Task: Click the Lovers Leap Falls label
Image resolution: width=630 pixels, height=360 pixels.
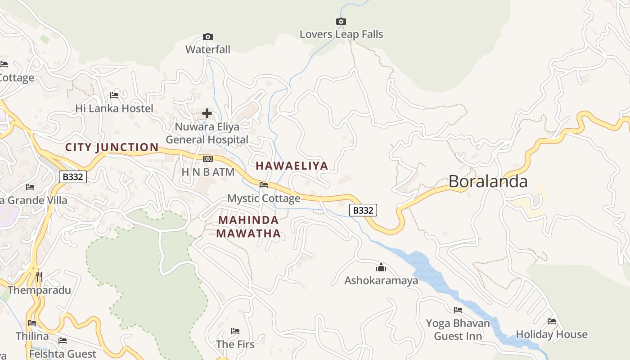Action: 341,34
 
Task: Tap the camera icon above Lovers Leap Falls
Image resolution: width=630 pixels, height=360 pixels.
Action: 341,21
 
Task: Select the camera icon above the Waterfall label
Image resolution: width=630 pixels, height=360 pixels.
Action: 207,36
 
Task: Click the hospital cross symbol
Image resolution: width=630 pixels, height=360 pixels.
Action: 207,113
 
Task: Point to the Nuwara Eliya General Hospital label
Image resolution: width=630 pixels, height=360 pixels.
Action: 207,133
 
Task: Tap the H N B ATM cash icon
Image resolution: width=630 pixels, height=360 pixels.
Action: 207,159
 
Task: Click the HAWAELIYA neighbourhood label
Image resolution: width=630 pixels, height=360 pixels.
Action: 292,166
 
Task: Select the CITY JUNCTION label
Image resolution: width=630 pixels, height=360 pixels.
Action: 112,147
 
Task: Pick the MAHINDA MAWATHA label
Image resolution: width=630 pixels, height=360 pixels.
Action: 248,227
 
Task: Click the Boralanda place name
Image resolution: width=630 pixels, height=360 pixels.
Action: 488,181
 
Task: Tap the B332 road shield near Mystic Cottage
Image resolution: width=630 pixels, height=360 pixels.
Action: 363,210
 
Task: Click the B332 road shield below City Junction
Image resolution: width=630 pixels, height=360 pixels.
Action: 73,177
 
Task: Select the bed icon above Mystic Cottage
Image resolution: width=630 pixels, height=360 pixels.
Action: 264,184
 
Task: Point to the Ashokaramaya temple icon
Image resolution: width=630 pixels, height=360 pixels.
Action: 381,268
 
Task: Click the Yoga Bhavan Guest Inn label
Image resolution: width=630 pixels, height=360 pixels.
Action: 458,329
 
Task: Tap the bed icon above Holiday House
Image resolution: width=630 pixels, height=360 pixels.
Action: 552,321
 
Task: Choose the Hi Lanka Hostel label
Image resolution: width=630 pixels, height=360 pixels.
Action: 114,108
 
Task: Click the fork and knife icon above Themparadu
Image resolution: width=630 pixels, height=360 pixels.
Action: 39,276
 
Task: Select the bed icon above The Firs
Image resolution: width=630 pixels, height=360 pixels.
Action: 235,331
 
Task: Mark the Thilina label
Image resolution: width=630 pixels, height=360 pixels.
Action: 32,336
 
